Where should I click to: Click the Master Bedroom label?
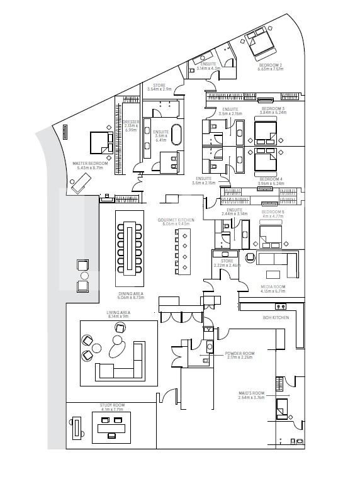[x=90, y=165]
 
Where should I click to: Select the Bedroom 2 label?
[x=269, y=66]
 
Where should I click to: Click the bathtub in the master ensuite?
[x=177, y=137]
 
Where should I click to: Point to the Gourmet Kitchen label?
[x=176, y=222]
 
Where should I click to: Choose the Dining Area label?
[x=131, y=295]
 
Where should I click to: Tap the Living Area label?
[x=118, y=314]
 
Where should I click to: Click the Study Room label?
[x=112, y=407]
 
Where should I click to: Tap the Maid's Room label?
[x=251, y=395]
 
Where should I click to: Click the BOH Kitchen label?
[x=276, y=318]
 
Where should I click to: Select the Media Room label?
[x=273, y=289]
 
